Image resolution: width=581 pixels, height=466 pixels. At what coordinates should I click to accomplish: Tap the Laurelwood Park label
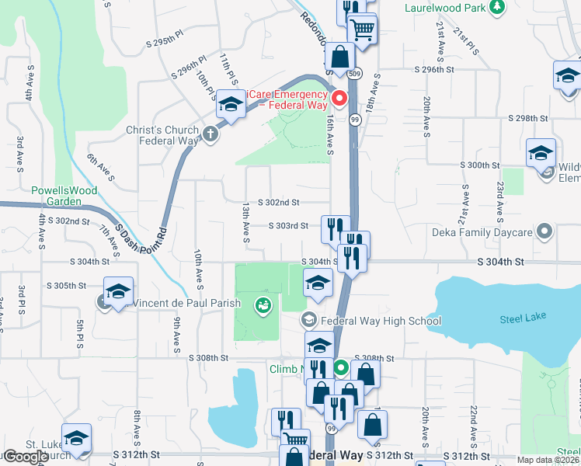[444, 9]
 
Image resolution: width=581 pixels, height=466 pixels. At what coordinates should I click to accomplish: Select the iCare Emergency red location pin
[339, 99]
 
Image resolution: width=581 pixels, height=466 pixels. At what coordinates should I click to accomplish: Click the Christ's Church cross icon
[210, 134]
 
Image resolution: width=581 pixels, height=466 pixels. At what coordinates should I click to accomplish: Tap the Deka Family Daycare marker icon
[545, 231]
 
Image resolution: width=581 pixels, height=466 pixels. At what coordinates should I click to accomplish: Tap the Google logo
[25, 457]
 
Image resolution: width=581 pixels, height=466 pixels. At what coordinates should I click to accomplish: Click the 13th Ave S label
[245, 222]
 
